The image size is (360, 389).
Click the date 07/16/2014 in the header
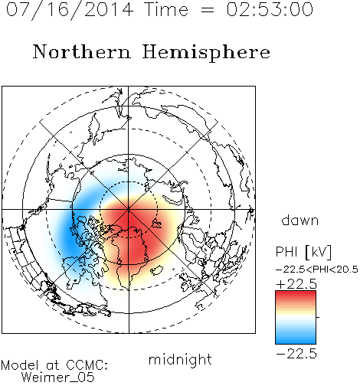pos(70,10)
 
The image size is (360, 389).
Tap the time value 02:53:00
pos(270,9)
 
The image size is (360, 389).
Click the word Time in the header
pos(166,9)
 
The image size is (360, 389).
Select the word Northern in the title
pos(82,51)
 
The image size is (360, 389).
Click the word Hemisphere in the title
pos(206,53)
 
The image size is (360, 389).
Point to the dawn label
pos(300,220)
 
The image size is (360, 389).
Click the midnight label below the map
pos(180,360)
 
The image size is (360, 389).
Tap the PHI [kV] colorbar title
pos(303,252)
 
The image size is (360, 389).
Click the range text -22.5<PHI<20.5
pos(317,270)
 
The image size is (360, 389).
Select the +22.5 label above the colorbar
pos(296,284)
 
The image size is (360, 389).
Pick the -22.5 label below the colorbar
pos(296,355)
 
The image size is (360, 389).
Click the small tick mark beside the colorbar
pos(318,317)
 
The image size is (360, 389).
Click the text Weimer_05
pos(58,378)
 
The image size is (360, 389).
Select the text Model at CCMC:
pos(54,365)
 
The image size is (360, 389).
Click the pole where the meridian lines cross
pos(129,210)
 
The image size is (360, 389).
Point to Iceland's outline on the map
pos(157,270)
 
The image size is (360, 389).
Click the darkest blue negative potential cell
pos(70,237)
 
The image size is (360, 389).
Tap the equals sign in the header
pos(208,10)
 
